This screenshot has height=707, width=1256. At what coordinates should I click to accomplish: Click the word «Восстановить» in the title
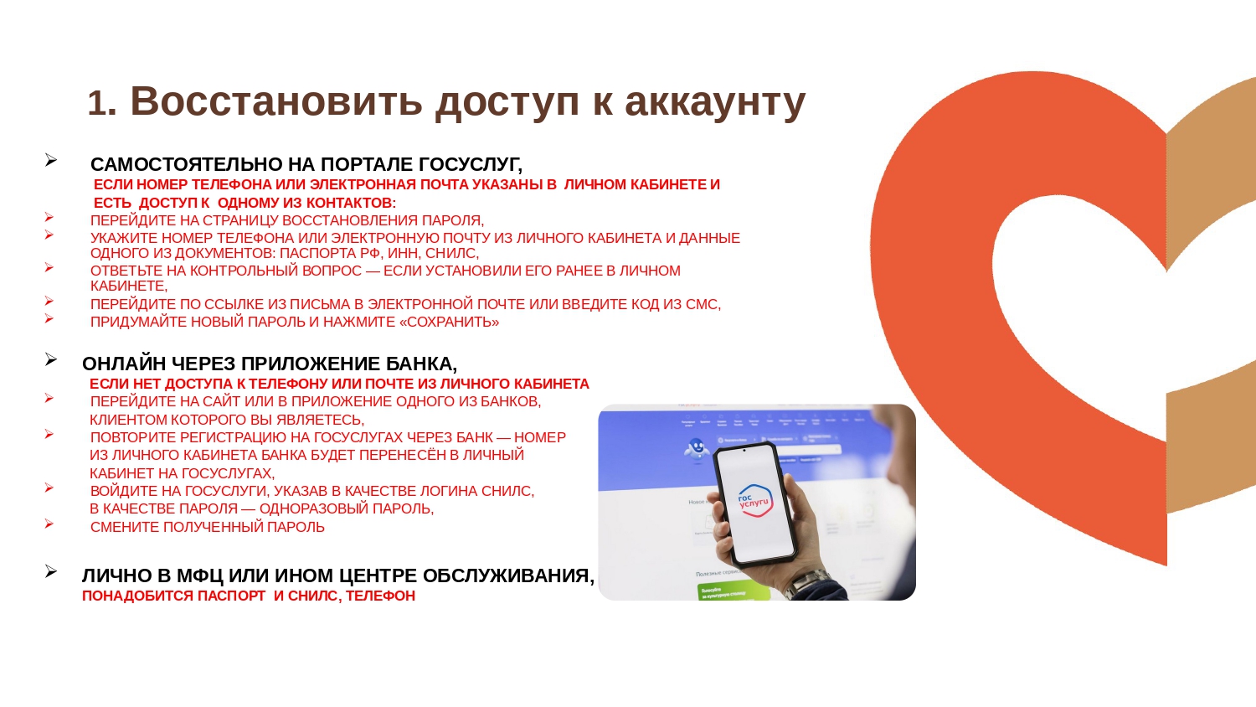276,101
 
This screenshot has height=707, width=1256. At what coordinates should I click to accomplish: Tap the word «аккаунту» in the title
715,104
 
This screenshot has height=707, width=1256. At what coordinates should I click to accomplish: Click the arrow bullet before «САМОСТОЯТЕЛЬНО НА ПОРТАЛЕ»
51,161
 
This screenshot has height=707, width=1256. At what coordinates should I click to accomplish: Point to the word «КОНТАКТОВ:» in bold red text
351,203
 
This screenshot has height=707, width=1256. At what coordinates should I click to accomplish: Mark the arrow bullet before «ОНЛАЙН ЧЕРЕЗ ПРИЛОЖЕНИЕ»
51,359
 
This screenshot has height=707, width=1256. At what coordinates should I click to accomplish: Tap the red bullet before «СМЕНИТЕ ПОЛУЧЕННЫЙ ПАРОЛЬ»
49,524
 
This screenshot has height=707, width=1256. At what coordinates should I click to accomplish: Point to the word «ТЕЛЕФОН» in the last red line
381,596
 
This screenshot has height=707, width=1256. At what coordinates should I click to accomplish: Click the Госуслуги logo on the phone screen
754,498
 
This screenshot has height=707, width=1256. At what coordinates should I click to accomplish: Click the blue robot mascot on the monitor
696,450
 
